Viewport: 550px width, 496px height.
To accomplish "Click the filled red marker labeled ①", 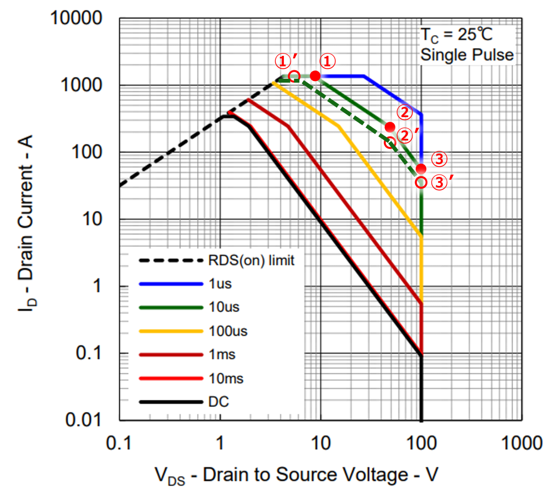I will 315,76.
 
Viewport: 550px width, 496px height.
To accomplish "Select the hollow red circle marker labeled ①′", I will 294,76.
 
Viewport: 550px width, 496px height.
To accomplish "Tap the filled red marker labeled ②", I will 390,127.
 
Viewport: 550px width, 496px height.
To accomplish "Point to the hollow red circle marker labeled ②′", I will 390,143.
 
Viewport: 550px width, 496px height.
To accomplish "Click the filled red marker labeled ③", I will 421,169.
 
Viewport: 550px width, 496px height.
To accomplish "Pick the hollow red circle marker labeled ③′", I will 421,182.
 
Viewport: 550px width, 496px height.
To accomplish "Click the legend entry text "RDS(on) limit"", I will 251,260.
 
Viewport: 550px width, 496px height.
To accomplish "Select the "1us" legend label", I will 220,284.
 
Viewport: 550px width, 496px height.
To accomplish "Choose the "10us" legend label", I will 224,307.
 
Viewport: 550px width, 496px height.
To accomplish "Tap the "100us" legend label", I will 228,331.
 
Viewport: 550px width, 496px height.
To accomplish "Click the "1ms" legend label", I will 222,355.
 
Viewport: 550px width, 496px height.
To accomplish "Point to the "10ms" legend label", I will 226,379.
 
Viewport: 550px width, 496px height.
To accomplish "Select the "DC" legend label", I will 218,402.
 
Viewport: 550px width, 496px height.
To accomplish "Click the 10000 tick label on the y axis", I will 76,18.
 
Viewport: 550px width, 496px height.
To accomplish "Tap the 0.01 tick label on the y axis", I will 84,419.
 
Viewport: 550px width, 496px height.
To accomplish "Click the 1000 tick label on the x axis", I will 521,443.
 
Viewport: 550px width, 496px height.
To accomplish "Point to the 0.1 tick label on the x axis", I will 119,443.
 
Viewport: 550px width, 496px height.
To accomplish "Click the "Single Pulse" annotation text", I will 467,55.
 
